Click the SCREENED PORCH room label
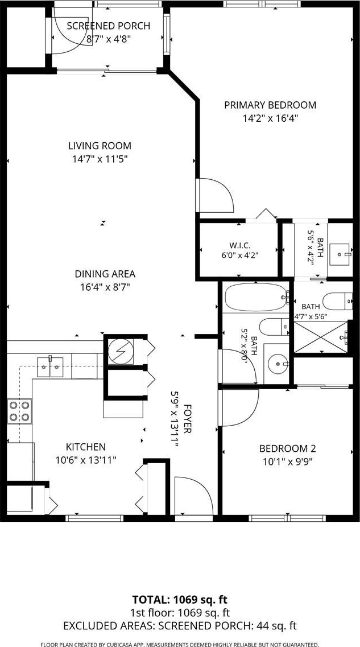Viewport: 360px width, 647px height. (x=108, y=26)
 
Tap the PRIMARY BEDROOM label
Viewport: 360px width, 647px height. (x=270, y=105)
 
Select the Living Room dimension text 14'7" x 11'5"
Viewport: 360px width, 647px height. (x=100, y=159)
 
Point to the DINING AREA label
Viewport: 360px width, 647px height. (x=105, y=274)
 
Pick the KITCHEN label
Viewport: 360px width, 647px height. (x=86, y=447)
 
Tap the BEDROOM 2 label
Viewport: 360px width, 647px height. (x=287, y=448)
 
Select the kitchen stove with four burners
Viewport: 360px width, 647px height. (x=19, y=411)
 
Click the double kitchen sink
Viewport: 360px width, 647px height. (x=50, y=366)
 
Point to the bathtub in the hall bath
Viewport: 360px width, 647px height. (x=256, y=297)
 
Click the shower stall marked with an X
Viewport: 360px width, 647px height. (x=321, y=337)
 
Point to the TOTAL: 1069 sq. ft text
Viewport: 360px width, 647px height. (x=180, y=599)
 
